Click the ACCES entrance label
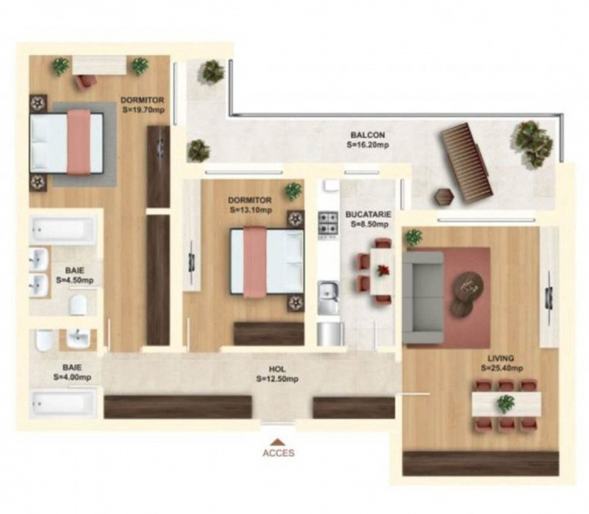278,452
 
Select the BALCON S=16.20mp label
368,139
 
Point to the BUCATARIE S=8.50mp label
366,218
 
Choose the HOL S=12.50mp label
277,374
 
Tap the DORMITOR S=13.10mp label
250,206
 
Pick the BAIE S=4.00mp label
72,372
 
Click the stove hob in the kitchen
328,223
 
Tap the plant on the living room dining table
505,404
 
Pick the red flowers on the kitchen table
383,270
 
